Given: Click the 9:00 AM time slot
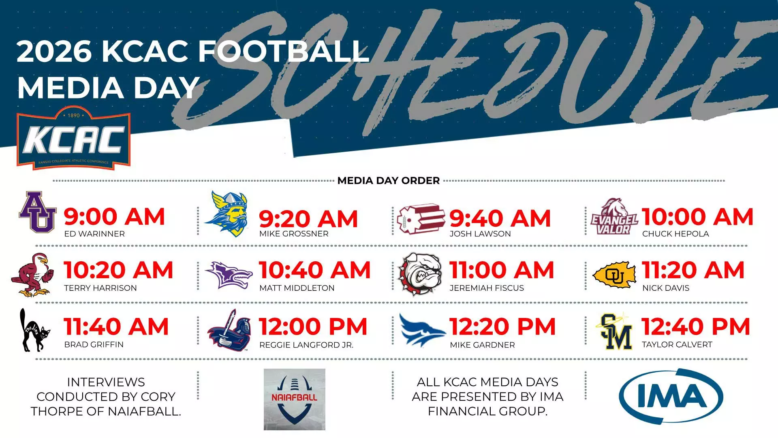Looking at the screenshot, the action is click(x=114, y=217).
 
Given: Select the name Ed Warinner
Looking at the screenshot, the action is click(x=94, y=234).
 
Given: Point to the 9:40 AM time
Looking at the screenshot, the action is click(x=500, y=219).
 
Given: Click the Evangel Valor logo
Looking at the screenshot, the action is click(x=614, y=217).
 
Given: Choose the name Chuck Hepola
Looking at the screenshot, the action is click(x=675, y=234).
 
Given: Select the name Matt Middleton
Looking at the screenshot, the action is click(x=297, y=288).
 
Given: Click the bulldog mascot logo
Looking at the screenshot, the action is click(x=420, y=274).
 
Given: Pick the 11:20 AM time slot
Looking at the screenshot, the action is click(x=693, y=270).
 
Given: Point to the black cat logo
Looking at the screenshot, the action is click(x=35, y=330).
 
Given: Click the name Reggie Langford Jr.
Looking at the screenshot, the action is click(x=306, y=345).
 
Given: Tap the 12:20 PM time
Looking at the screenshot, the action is click(x=502, y=327).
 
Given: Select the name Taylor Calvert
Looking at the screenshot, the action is click(x=677, y=345).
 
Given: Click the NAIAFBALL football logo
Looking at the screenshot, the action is click(x=295, y=399).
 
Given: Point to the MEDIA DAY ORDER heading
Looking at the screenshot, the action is click(x=389, y=181).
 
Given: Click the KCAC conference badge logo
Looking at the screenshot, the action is click(x=73, y=138).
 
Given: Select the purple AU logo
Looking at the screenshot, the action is click(x=37, y=212).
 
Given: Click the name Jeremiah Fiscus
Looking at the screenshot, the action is click(x=487, y=288).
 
